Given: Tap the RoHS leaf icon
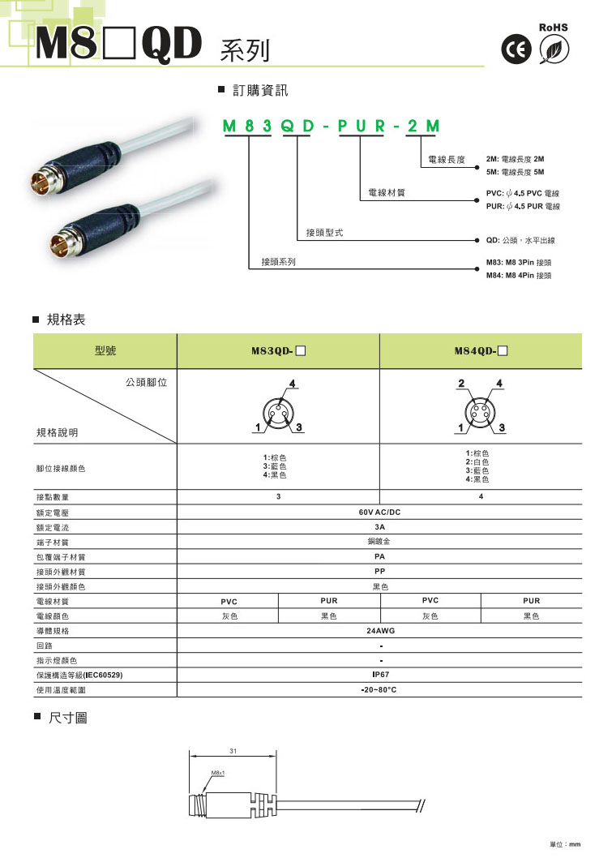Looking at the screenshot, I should coord(555,52).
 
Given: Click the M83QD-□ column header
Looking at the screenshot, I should coord(278,352).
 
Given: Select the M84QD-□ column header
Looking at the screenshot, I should coord(481,352).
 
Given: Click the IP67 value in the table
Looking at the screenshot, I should coord(380,674).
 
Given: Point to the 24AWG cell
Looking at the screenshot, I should coord(380,630).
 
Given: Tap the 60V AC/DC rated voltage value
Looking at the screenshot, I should coord(380,513).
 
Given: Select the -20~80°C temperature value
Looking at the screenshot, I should coord(380,689).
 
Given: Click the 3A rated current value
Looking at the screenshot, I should coord(380,527).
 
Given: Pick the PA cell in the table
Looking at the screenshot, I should coord(380,556).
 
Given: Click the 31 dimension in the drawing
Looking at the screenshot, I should coord(233,753).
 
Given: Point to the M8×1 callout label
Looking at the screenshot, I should coord(217,773).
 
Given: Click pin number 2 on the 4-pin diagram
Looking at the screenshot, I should coord(460,383).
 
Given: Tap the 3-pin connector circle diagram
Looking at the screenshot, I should coord(278,407).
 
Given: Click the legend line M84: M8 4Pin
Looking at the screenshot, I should coord(518,276).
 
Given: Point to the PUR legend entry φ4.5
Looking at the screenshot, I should coord(523,207).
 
